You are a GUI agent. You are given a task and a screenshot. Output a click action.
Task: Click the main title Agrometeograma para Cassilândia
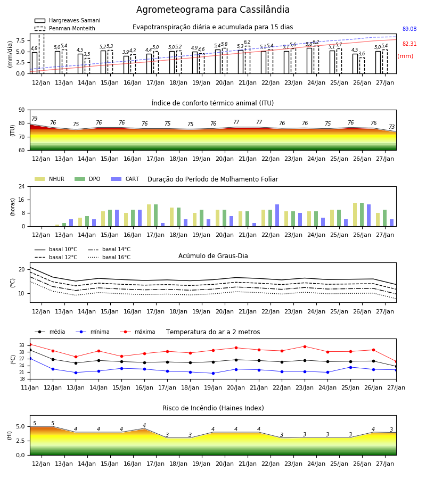[212, 10]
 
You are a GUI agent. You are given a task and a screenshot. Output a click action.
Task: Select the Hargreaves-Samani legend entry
[68, 20]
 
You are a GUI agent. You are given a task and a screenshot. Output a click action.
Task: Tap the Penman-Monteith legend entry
[65, 28]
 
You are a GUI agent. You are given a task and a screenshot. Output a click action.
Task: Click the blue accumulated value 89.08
[409, 29]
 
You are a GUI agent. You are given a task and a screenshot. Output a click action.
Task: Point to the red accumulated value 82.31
[409, 44]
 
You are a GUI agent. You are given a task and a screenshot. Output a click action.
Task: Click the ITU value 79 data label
[34, 119]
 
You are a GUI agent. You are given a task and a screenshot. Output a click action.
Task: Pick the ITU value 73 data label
[391, 127]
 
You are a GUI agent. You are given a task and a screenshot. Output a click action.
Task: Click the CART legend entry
[125, 179]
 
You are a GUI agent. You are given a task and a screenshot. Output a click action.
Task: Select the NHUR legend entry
[50, 179]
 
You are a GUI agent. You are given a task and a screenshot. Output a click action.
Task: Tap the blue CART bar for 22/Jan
[277, 216]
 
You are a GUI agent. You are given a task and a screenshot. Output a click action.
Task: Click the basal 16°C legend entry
[109, 257]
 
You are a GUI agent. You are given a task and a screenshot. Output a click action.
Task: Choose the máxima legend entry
[137, 332]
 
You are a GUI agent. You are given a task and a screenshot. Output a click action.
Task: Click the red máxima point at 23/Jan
[305, 346]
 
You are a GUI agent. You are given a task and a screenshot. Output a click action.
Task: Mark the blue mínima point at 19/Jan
[214, 373]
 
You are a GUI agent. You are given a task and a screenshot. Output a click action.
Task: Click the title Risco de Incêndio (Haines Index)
[213, 408]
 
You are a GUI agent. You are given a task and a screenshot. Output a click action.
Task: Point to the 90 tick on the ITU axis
[21, 110]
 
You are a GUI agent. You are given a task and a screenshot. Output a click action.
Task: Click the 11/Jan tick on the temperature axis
[30, 387]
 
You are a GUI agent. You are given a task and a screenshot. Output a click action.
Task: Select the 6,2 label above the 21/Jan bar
[247, 42]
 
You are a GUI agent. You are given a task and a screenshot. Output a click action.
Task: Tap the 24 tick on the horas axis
[21, 186]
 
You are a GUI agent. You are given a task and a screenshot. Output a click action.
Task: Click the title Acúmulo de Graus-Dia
[213, 256]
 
